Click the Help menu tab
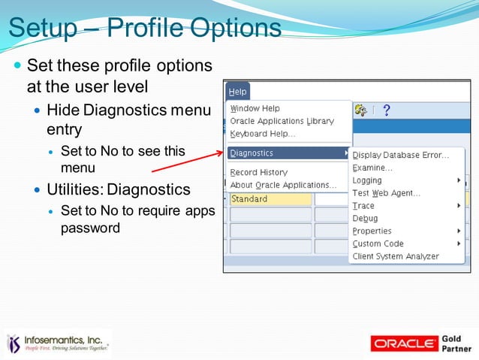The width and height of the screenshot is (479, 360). pos(237,92)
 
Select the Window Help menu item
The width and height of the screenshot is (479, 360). pos(255,108)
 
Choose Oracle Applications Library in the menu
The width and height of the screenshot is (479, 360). pos(282,121)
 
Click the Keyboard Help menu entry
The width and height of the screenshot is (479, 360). pos(262,134)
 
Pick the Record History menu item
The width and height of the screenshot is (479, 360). pos(258,172)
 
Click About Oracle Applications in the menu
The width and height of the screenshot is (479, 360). pos(283,185)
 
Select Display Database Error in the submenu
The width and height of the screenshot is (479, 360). pos(400,155)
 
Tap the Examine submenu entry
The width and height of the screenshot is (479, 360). pos(372,168)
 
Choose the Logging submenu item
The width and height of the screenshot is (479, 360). pos(367,180)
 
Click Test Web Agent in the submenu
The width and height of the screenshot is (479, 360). pos(386,193)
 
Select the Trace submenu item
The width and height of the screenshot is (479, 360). pos(363,206)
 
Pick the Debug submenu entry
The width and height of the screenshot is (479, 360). pos(365,218)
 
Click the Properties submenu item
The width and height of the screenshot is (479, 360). pos(372,231)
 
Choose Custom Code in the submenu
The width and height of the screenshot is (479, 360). pos(378,244)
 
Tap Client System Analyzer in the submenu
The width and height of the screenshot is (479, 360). pos(396,256)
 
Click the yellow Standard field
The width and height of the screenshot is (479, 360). pos(270,199)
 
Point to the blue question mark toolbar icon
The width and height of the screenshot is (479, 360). pos(387,110)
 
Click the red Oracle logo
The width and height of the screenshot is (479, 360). pos(405,343)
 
